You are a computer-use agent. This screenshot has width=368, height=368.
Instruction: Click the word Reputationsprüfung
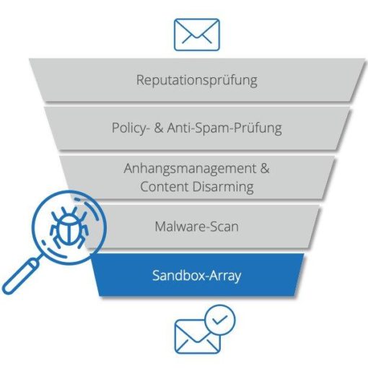[197, 80]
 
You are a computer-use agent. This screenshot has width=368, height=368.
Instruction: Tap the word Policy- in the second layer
[129, 128]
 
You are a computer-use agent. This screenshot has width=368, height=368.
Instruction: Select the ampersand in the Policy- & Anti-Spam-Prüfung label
[159, 128]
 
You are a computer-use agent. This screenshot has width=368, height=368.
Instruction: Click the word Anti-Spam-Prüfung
[224, 128]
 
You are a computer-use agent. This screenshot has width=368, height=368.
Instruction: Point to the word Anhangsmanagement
[190, 169]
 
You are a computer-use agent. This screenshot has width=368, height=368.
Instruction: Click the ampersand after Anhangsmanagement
[265, 168]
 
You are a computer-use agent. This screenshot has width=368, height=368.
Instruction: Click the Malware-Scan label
[197, 227]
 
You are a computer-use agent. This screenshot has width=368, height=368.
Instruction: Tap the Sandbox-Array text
[197, 276]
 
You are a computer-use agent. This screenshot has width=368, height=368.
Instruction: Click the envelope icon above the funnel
[197, 35]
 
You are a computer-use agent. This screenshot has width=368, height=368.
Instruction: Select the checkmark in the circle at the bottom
[220, 320]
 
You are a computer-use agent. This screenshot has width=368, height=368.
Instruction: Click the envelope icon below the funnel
[197, 336]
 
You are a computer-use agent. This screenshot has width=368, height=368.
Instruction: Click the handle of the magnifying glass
[20, 276]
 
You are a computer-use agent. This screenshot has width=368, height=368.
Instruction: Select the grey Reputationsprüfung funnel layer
[197, 80]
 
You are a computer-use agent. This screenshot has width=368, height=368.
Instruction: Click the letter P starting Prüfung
[238, 128]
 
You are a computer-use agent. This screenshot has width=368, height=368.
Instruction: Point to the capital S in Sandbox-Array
[156, 276]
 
